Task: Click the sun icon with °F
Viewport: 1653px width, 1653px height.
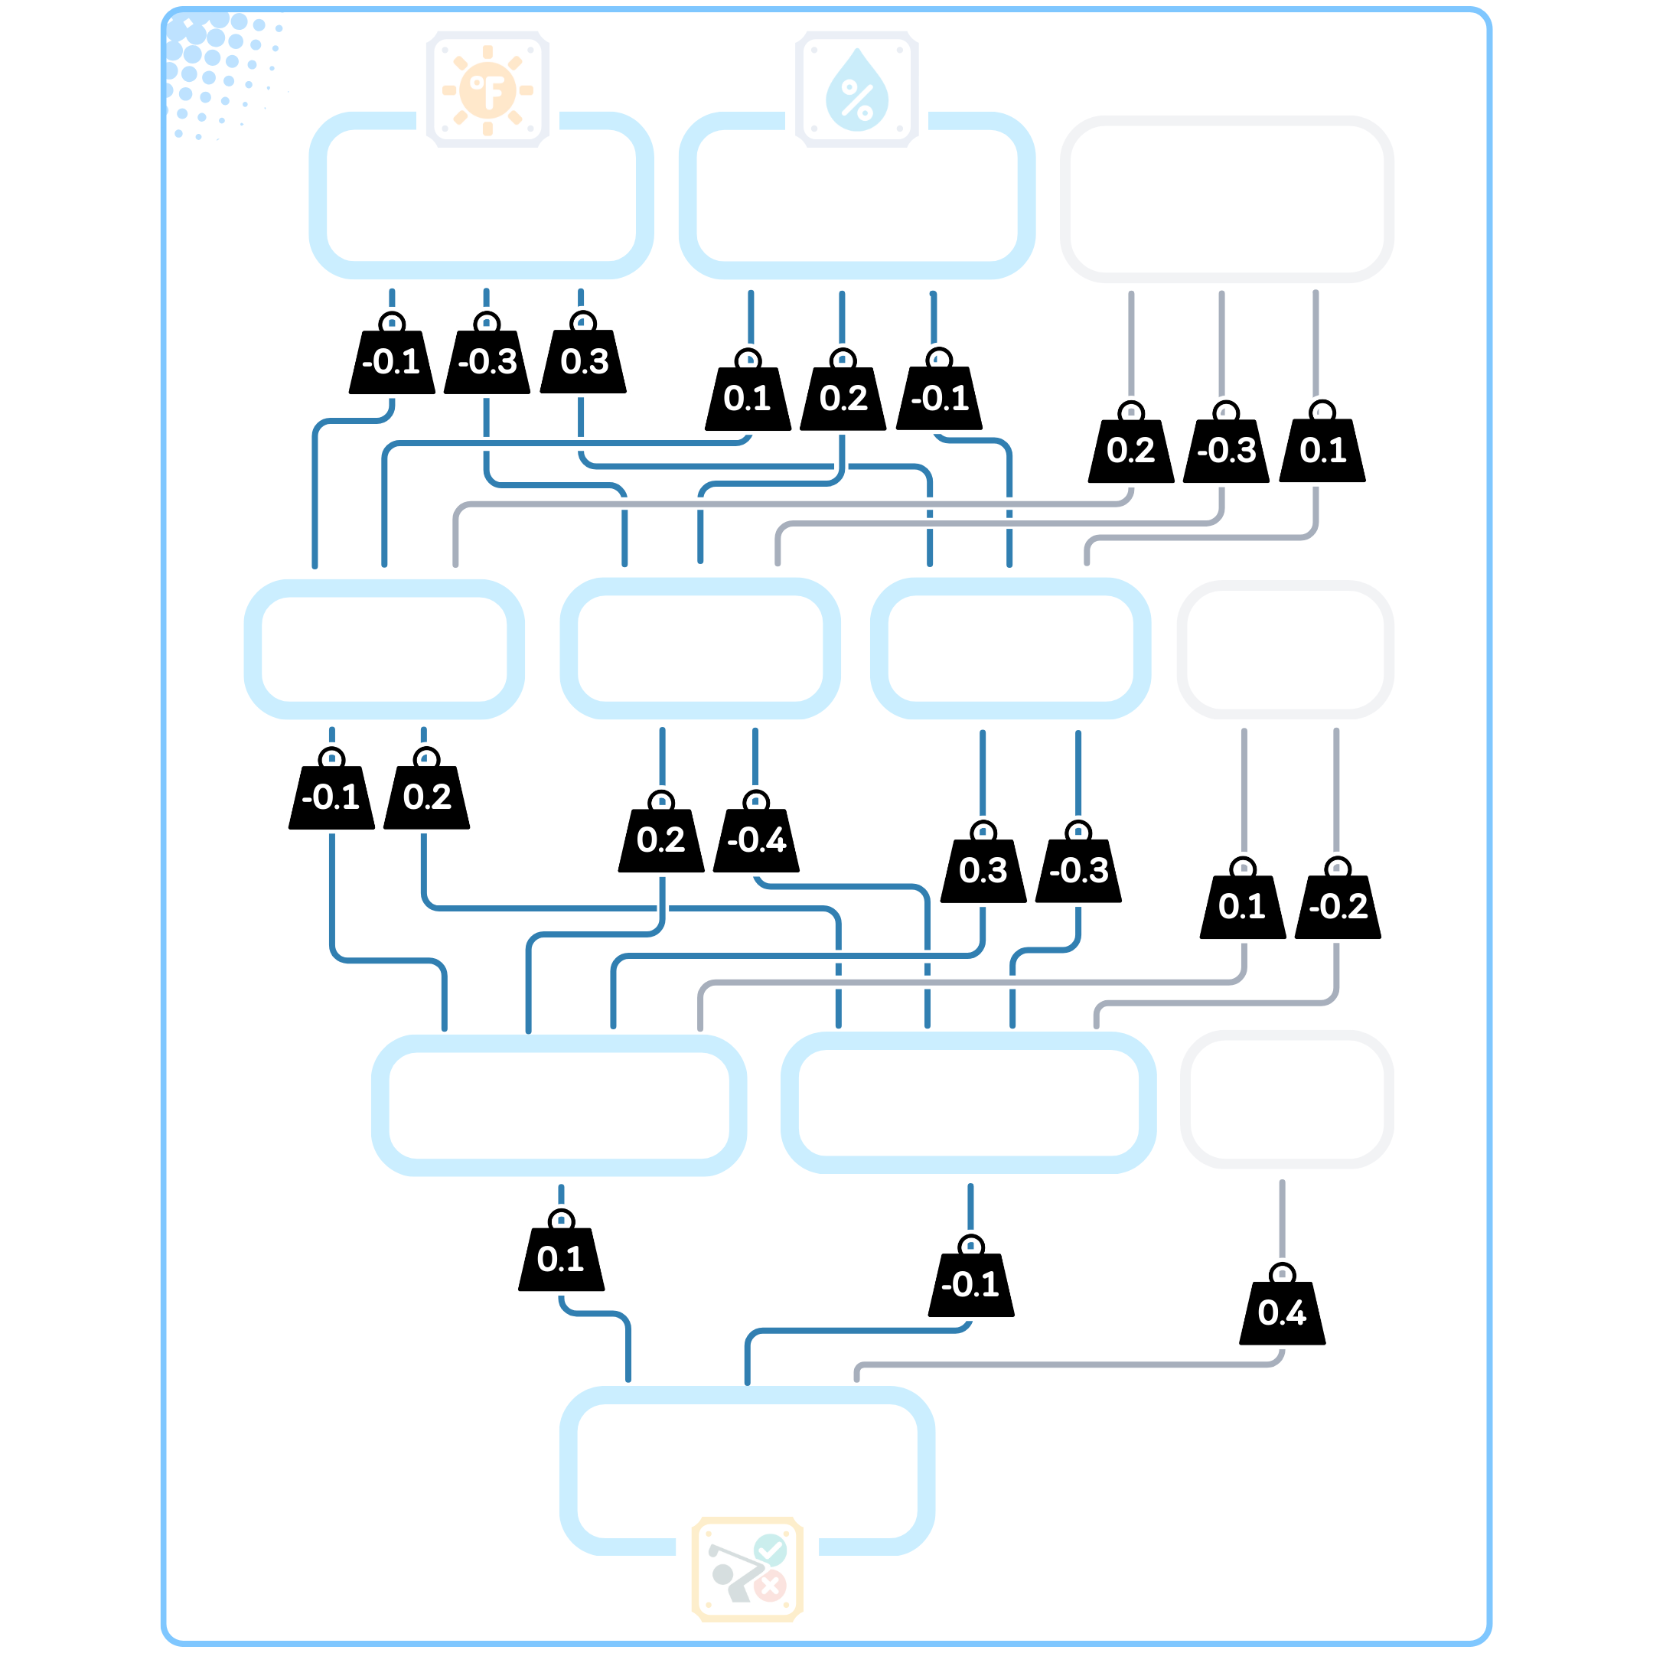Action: tap(487, 89)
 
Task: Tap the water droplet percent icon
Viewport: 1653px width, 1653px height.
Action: tap(856, 89)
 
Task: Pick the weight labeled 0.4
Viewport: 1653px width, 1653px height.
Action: tap(1282, 1312)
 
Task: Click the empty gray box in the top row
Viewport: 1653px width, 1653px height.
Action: tap(1226, 198)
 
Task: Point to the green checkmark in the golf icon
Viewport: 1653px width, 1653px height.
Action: tap(770, 1550)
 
